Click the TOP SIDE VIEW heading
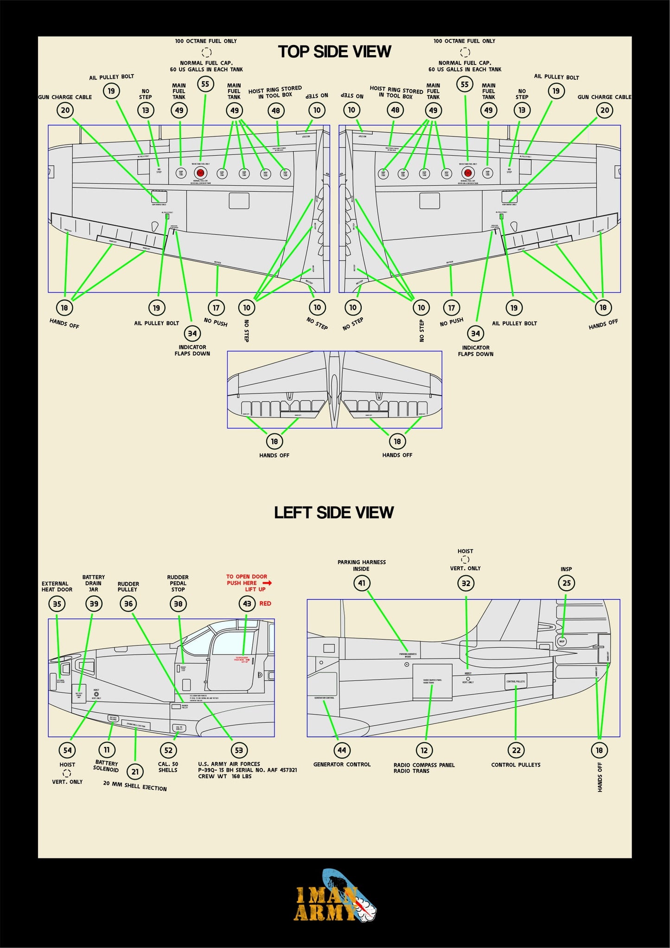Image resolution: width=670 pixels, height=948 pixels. coord(334,52)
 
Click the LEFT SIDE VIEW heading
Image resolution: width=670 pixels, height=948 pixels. coord(334,512)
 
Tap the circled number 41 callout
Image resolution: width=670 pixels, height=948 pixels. coord(362,583)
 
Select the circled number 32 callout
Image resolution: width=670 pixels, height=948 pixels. coord(466,583)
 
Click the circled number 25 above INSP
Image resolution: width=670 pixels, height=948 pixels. coord(567,583)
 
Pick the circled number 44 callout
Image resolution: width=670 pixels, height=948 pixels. coord(342,750)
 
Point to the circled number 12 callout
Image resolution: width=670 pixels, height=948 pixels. coord(424,750)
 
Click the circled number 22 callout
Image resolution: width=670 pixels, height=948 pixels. coord(516,750)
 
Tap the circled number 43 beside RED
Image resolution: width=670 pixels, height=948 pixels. coord(247,603)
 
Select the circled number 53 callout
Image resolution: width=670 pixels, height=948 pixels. coord(239,750)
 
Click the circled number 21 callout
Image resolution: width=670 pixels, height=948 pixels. coord(135,772)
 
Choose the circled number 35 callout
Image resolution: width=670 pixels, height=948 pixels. coord(57,604)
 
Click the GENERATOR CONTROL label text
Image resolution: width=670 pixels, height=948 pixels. coord(342,764)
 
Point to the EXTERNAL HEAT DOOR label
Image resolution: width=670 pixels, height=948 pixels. coord(57,587)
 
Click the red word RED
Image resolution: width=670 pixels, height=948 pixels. coord(265,603)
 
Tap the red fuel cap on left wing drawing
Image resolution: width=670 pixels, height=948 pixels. coord(200,173)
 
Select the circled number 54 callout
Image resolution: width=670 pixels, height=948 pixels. coord(67,750)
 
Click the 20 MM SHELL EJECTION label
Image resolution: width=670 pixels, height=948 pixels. coord(135,786)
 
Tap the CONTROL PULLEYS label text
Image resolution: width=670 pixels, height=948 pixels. coord(516,765)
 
